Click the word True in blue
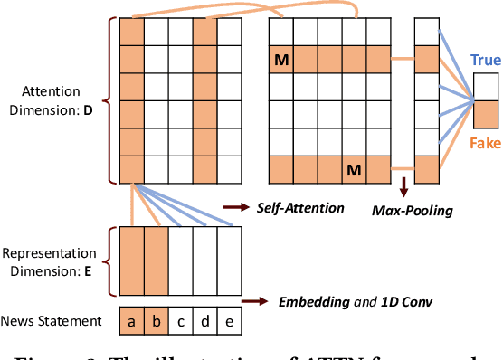click(x=485, y=61)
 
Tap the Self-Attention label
click(x=299, y=208)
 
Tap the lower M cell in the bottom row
click(x=353, y=170)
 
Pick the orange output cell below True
click(x=486, y=114)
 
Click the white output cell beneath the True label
click(x=486, y=88)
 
